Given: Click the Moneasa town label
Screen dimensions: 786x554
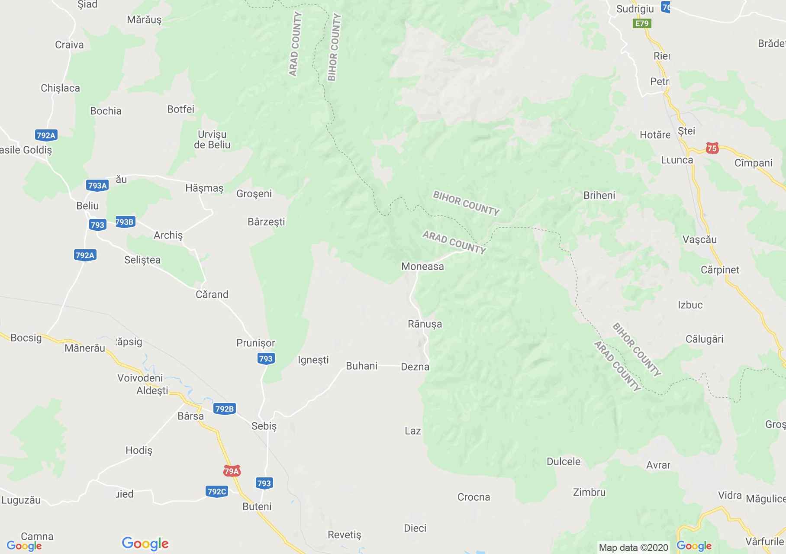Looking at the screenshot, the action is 422,266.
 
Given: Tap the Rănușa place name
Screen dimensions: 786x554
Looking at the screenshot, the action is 425,324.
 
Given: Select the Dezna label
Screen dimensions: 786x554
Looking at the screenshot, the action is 415,367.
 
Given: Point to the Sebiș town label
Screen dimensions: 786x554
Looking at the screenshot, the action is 264,426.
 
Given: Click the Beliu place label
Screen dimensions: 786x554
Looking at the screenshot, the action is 87,206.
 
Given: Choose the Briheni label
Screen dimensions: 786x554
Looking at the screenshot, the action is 599,195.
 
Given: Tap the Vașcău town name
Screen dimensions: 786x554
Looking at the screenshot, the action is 699,239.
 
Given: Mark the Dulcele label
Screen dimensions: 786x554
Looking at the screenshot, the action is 564,461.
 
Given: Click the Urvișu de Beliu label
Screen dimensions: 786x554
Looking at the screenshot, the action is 212,139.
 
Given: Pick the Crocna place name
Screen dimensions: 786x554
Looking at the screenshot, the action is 474,497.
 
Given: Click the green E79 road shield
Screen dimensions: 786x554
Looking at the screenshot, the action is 642,23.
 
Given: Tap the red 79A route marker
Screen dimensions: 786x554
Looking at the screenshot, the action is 232,471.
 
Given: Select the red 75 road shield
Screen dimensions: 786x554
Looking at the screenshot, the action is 712,148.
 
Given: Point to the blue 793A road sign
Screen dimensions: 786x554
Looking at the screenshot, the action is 97,186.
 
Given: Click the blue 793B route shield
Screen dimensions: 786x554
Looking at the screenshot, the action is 125,222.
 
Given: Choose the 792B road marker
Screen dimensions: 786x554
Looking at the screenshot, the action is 224,409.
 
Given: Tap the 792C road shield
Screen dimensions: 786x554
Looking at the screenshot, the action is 217,491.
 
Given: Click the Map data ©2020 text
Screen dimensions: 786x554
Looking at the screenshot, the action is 633,548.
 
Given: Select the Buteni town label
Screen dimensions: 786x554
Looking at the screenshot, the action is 257,506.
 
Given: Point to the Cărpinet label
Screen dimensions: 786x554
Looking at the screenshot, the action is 720,270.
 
